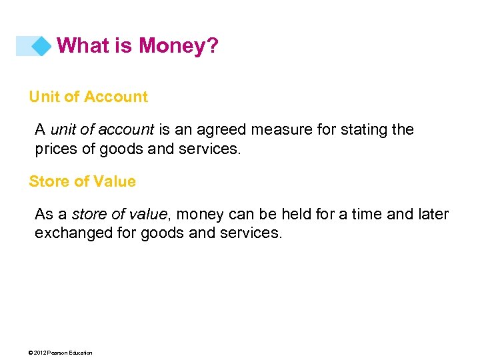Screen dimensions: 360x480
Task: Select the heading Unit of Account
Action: point(88,97)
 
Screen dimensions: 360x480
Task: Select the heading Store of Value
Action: point(82,181)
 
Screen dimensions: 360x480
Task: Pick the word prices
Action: point(55,149)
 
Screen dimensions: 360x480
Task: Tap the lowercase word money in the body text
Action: point(201,215)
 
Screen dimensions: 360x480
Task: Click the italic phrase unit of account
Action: point(102,129)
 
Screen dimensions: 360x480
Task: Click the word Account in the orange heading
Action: point(118,97)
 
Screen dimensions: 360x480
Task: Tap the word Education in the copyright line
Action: point(81,353)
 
